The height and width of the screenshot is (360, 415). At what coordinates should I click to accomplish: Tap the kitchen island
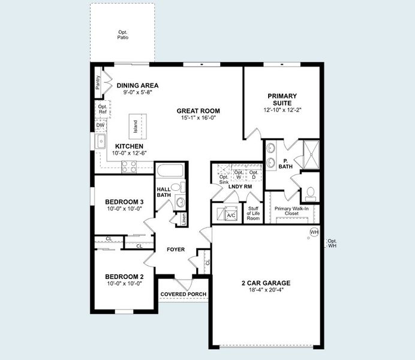(135, 127)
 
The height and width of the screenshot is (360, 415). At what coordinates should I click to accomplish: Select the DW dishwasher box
(100, 125)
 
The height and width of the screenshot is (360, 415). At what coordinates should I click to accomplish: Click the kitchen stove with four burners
(130, 166)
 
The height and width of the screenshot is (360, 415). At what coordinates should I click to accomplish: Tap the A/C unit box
(231, 214)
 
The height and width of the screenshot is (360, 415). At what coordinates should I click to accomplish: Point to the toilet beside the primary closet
(309, 193)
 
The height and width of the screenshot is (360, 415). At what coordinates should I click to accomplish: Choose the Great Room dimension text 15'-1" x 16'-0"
(198, 118)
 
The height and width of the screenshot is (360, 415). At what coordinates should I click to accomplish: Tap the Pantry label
(98, 82)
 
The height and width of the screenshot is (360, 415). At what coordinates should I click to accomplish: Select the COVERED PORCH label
(184, 294)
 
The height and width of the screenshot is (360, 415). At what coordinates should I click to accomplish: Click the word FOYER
(176, 250)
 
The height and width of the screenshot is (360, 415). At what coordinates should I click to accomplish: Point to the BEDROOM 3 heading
(124, 202)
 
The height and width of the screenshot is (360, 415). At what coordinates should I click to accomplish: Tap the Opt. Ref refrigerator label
(102, 109)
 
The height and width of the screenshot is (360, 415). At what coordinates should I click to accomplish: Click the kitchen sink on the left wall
(100, 142)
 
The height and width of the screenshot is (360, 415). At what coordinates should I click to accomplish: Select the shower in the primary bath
(311, 151)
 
